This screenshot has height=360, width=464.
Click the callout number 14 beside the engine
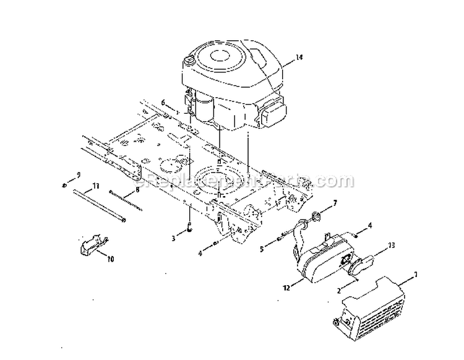coord(299,58)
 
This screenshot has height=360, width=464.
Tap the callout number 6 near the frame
coord(163,102)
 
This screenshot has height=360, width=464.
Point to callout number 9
coord(79,174)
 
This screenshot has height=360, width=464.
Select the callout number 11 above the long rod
coord(96,186)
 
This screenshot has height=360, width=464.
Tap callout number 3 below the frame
coord(174,237)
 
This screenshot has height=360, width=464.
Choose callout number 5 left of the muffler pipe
coord(262,249)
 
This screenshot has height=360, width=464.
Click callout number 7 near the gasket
coord(335,202)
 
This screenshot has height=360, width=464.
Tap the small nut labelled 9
coord(65,184)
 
